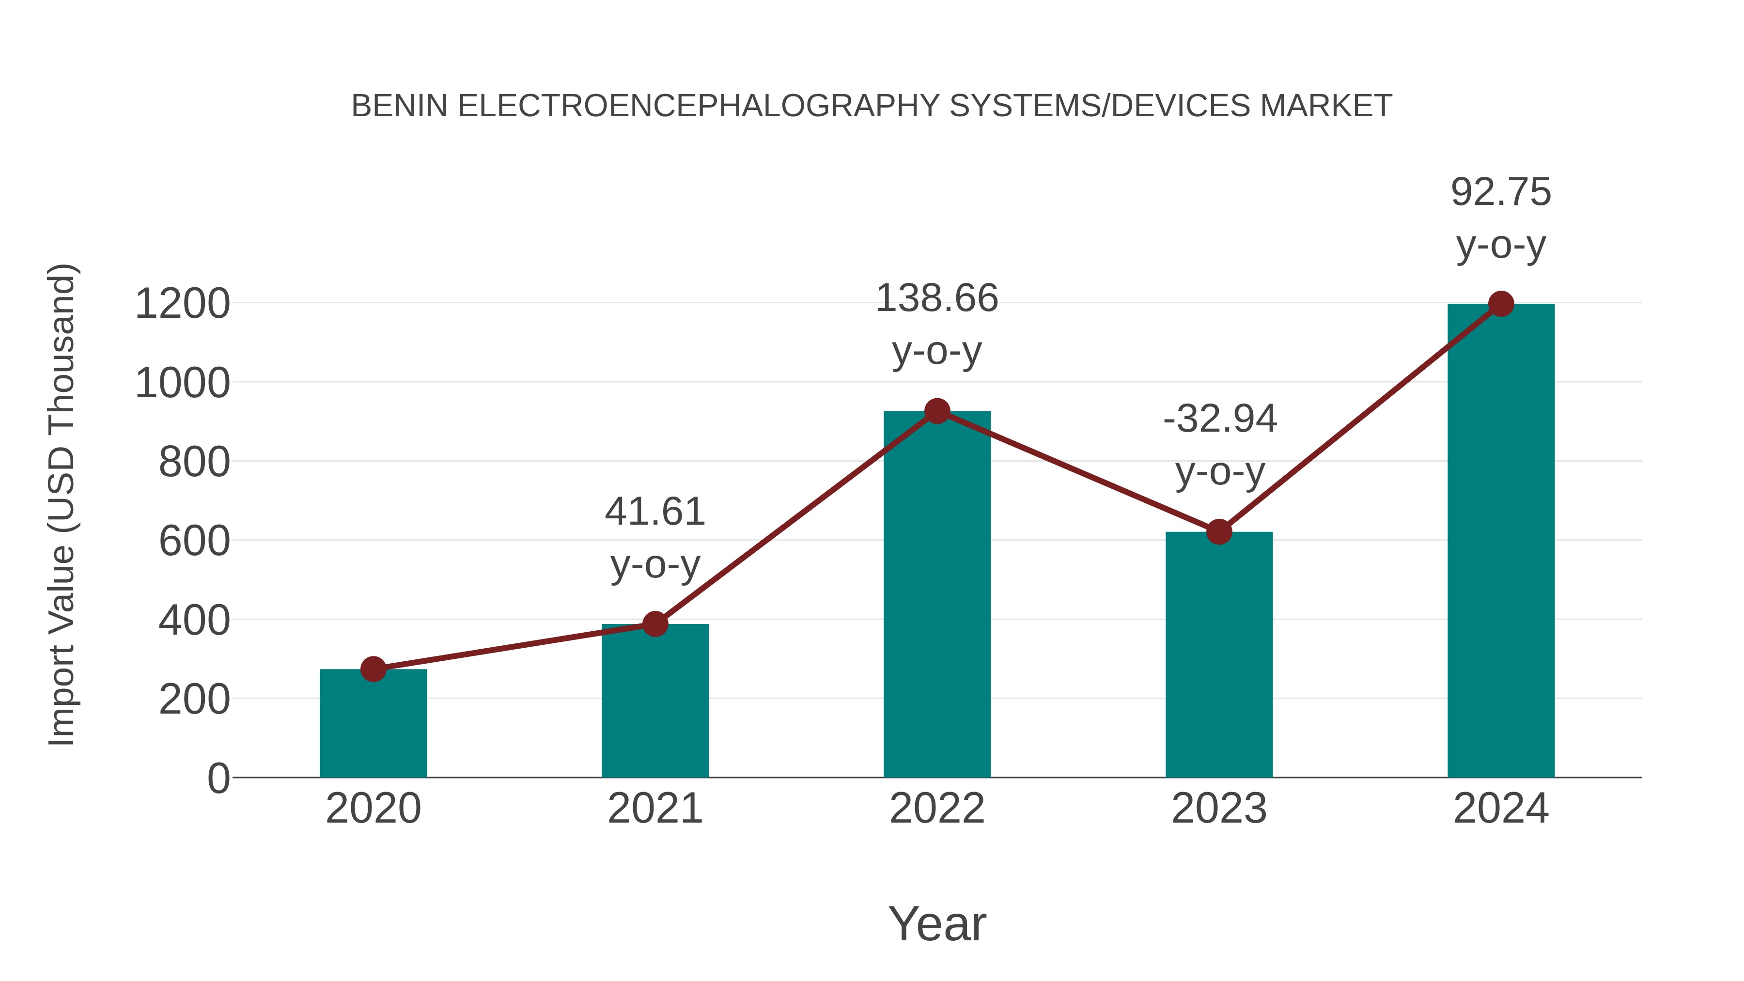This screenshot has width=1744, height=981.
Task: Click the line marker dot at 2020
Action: pos(373,669)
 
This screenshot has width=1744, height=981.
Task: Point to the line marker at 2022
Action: pos(937,411)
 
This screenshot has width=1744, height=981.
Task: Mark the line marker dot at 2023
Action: pos(1219,531)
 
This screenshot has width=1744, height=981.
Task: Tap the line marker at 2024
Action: pos(1501,304)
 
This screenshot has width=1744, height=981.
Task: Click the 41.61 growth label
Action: pos(654,512)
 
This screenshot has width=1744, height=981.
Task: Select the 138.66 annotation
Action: pos(937,298)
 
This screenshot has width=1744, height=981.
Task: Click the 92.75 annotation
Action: pos(1501,192)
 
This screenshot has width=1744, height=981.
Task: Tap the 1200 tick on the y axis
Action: pos(182,304)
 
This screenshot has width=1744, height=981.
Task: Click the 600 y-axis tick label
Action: pos(194,542)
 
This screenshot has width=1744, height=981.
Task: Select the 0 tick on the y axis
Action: pos(218,779)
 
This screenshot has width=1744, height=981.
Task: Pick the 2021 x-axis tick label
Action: pos(654,809)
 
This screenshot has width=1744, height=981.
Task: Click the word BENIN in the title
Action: pos(400,106)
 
